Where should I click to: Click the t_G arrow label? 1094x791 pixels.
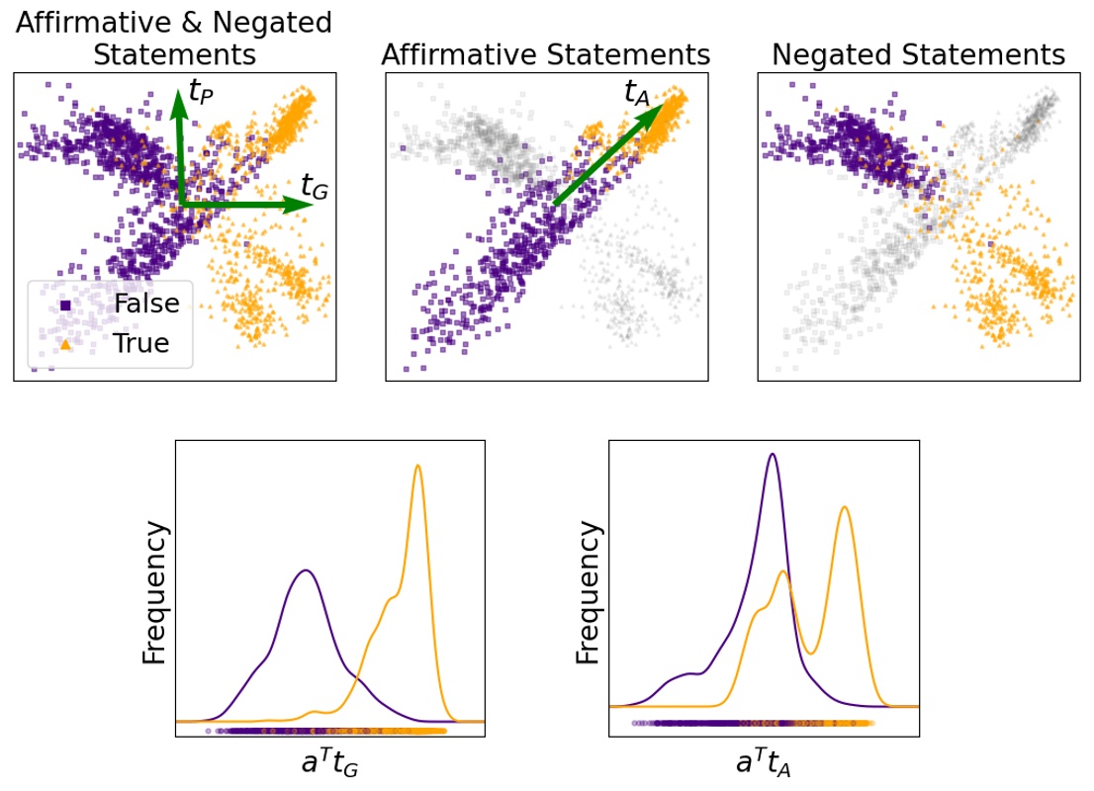314,185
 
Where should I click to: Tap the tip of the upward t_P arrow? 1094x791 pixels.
179,90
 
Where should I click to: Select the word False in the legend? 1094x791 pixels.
146,304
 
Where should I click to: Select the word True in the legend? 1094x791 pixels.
141,343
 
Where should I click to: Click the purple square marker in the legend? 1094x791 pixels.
65,305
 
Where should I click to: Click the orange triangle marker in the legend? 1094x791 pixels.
65,343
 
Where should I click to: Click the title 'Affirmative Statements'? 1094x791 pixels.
546,55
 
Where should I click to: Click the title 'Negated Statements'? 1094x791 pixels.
918,55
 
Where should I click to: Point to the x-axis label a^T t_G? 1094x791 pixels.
328,762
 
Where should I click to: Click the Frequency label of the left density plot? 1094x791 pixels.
155,593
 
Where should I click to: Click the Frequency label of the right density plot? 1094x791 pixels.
588,593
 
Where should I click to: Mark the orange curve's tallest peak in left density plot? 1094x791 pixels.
417,466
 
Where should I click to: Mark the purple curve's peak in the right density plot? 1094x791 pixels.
772,455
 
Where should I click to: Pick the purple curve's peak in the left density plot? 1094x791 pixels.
307,571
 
